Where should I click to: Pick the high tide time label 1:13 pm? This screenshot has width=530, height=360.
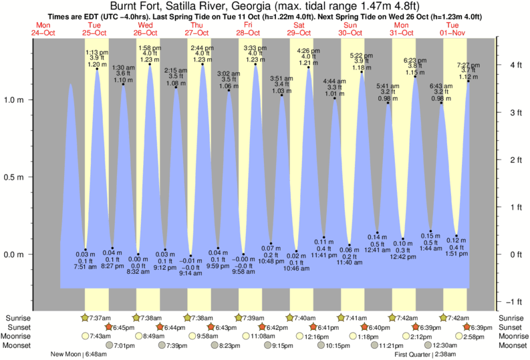pyautogui.click(x=98, y=52)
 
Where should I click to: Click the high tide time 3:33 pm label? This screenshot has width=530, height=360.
pyautogui.click(x=255, y=48)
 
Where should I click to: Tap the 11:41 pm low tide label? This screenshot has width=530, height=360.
pyautogui.click(x=323, y=255)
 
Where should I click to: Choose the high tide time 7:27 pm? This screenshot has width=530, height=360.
pyautogui.click(x=468, y=65)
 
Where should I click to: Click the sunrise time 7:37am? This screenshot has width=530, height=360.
pyautogui.click(x=99, y=318)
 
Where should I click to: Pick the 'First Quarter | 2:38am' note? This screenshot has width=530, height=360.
pyautogui.click(x=426, y=355)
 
